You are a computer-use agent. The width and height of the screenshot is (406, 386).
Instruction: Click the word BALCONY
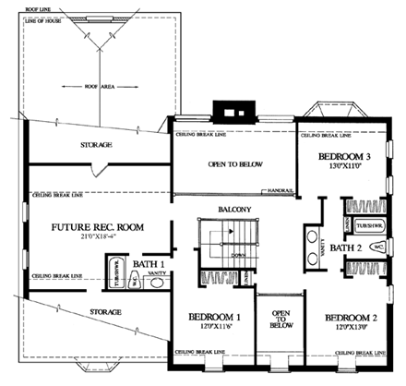[234, 210]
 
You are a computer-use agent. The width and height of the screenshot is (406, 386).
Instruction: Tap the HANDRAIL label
[281, 191]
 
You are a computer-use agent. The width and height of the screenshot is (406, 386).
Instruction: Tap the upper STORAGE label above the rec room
[95, 145]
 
